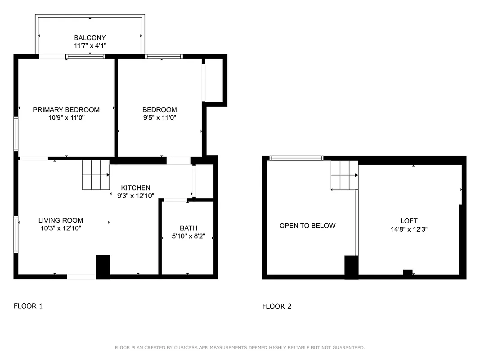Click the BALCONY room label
click(90, 38)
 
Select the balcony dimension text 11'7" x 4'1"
click(90, 46)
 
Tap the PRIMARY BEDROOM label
click(66, 110)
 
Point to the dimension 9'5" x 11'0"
click(159, 118)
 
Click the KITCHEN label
click(135, 188)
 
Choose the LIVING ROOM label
click(60, 220)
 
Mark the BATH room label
click(188, 228)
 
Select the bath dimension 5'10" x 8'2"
click(188, 236)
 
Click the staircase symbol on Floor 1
click(96, 175)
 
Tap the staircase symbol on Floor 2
click(344, 175)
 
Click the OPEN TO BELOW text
click(307, 226)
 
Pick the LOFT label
click(409, 221)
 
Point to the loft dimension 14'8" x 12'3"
click(409, 229)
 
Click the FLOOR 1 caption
click(28, 306)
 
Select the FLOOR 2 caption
click(277, 306)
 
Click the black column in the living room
click(103, 267)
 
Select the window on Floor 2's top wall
click(296, 158)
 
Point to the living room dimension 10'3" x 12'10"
click(60, 229)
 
